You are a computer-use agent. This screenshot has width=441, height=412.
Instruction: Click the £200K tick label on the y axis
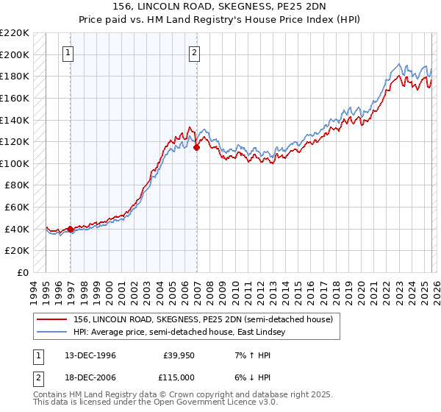coord(15,54)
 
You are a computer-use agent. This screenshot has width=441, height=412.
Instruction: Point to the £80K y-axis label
coord(17,185)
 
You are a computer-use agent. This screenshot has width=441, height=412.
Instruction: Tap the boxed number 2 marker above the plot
coord(195,52)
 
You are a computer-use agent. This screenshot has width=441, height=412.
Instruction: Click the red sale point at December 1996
coord(71,229)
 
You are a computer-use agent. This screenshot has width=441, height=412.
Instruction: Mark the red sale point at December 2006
coord(197,147)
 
